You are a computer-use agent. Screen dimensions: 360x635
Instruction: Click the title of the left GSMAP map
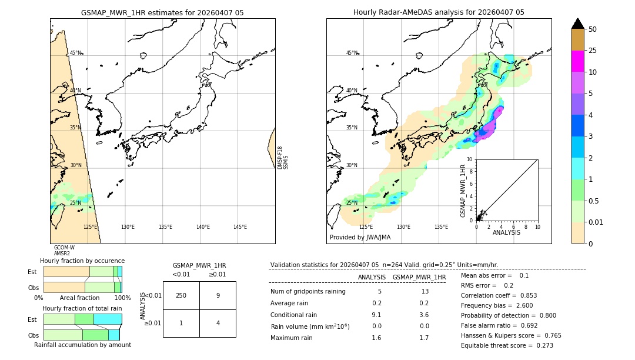click(162, 12)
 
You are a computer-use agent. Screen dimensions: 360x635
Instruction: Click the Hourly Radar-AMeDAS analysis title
click(439, 12)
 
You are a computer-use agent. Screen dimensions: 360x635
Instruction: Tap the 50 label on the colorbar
click(593, 29)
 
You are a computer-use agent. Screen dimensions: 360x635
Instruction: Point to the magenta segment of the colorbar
click(578, 61)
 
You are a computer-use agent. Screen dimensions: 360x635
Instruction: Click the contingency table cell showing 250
click(181, 295)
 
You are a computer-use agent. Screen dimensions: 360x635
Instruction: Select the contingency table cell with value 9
click(218, 295)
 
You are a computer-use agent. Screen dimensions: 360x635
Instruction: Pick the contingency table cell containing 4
click(218, 323)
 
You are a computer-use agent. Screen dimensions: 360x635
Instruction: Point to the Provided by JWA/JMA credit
click(360, 237)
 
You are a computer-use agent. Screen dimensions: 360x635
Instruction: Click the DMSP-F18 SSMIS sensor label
click(283, 158)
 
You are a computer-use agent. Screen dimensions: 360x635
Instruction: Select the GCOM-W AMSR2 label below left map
click(64, 251)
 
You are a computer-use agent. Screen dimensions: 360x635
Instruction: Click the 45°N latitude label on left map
click(75, 53)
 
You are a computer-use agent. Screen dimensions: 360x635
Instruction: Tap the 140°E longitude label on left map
click(203, 227)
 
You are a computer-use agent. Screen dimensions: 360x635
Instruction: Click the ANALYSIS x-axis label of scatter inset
click(506, 232)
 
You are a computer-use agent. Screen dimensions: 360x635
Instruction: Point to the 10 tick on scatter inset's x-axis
click(537, 226)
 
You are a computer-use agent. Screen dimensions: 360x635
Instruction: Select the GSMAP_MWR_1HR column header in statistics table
click(419, 277)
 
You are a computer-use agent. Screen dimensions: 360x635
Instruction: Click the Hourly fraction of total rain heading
click(82, 308)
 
